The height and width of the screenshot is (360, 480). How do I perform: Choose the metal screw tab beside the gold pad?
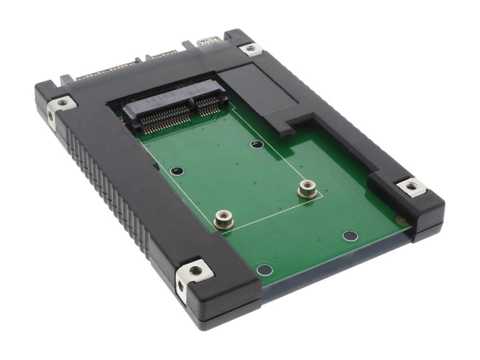412,187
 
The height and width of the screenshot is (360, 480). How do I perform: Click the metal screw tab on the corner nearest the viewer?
196,271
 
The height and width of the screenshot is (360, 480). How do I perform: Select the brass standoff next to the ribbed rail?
223,219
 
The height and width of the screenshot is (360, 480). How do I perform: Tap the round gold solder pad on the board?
399,218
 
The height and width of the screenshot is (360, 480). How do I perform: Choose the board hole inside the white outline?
176,171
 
